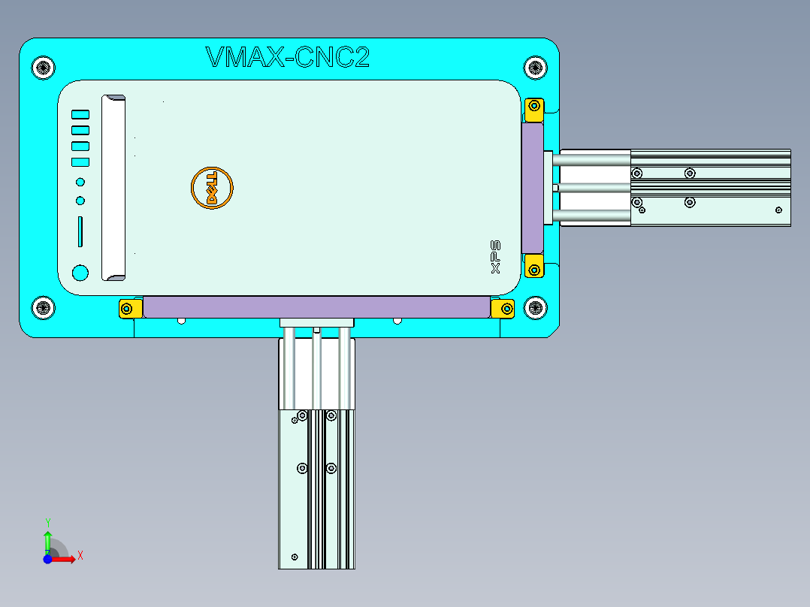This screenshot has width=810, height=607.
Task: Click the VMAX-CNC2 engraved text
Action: coord(287,58)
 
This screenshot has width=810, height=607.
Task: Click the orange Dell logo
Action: coord(212,187)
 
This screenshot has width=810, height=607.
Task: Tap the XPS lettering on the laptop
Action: coord(495,258)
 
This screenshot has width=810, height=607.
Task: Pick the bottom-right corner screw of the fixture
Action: coord(535,307)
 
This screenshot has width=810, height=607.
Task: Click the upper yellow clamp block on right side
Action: coord(534,108)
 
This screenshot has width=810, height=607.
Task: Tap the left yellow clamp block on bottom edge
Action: coord(129,308)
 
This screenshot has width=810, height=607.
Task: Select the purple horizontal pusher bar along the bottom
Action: coord(316,307)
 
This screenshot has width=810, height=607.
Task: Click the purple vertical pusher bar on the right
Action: coord(532,188)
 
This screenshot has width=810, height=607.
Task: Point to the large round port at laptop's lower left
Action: coord(80,273)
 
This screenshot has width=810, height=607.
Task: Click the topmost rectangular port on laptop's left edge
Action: coord(80,114)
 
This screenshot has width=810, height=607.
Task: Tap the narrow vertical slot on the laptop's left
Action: coord(80,231)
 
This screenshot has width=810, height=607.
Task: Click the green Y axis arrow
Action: coord(47,538)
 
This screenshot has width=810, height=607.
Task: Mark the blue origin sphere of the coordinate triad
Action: coord(47,560)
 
